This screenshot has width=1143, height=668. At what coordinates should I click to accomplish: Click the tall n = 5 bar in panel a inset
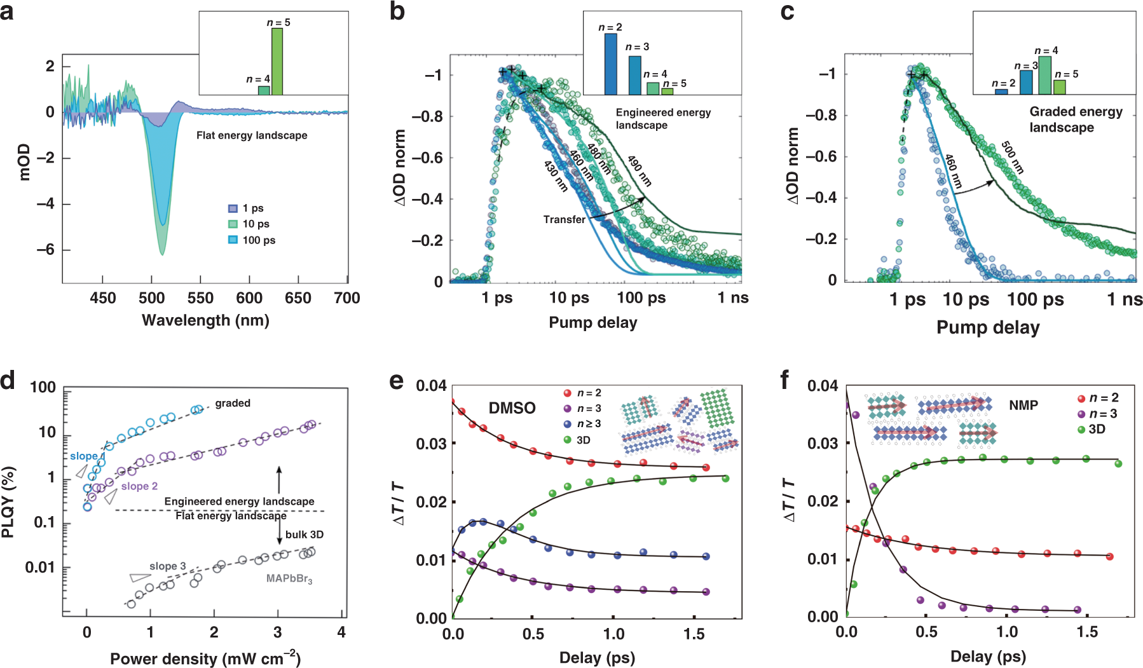coord(277,62)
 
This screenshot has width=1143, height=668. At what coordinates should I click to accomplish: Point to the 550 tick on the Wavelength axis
coord(200,298)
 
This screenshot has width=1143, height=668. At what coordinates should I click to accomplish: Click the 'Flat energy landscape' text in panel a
coord(252,135)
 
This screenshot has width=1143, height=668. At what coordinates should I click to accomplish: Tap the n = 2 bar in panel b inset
coord(610,64)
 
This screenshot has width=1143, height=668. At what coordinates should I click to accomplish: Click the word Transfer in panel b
coord(564,219)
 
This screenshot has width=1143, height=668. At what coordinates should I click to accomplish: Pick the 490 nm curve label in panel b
coord(640,171)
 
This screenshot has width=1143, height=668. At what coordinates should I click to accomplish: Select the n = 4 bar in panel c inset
coord(1044,75)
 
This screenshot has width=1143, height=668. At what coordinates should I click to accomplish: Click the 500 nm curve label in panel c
coord(1013,158)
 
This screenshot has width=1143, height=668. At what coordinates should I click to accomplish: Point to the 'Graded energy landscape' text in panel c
coord(1076,119)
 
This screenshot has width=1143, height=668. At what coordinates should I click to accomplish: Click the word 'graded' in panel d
coord(233,403)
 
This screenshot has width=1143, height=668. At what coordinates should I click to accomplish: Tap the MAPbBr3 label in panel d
coord(289,579)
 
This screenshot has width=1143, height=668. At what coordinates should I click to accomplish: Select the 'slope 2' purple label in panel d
coord(139,486)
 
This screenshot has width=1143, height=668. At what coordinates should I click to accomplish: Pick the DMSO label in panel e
coord(512,408)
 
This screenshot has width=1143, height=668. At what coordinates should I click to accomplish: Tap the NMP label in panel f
coord(1023,405)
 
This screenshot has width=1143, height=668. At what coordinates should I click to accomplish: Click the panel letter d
coord(8,381)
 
